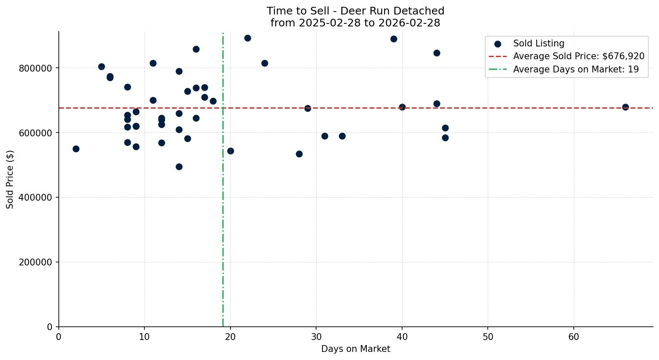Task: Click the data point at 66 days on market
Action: click(x=625, y=107)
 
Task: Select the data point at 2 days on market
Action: click(x=76, y=149)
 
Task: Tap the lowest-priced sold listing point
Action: click(x=179, y=167)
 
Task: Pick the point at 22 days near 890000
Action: click(x=247, y=38)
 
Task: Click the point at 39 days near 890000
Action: click(x=394, y=39)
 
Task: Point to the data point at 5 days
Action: click(x=101, y=66)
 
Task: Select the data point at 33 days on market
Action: click(x=342, y=136)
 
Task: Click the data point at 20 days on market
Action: click(x=230, y=151)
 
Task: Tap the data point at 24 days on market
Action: click(x=265, y=63)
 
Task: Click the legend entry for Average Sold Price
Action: click(x=578, y=56)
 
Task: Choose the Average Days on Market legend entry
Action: click(x=576, y=69)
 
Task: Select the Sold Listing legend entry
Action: click(x=538, y=43)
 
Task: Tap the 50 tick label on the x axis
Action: click(x=488, y=337)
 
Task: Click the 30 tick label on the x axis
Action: click(x=316, y=337)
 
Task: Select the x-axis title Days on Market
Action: click(x=355, y=349)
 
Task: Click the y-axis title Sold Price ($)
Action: click(x=10, y=179)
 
